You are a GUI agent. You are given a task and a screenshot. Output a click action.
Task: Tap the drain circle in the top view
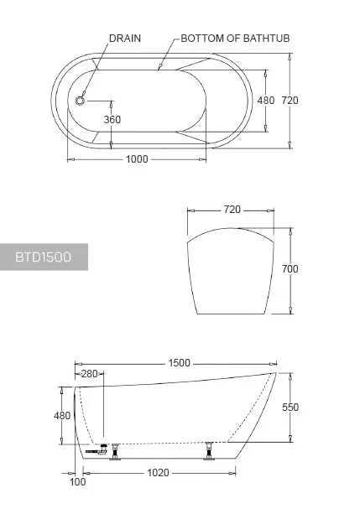81,100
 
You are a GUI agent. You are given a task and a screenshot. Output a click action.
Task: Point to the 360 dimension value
112,119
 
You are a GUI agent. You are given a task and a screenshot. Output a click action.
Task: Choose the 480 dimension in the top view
265,100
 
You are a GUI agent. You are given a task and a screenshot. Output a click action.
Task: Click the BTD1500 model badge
44,257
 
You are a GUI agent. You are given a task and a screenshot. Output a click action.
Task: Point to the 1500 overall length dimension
179,363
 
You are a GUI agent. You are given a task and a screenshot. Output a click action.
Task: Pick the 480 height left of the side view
61,415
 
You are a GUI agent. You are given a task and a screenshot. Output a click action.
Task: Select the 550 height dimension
290,408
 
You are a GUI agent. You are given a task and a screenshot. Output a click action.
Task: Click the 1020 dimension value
158,472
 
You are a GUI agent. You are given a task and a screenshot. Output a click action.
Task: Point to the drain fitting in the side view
99,450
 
